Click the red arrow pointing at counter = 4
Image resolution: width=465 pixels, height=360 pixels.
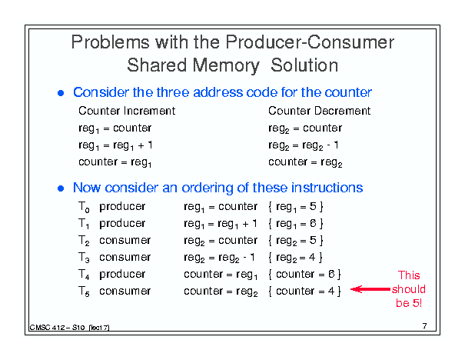click(370, 289)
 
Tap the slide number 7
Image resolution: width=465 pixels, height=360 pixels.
click(425, 326)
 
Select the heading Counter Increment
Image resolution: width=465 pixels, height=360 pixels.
click(127, 111)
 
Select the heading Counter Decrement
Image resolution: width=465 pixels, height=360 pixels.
click(320, 111)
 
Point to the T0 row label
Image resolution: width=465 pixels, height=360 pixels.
click(84, 207)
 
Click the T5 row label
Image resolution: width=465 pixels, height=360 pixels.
click(84, 292)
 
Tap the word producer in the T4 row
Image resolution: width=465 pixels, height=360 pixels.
click(122, 275)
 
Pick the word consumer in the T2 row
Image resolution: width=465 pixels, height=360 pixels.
click(125, 241)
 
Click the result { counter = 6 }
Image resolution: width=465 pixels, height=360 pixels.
click(304, 274)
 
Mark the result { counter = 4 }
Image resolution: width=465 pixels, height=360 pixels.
click(304, 291)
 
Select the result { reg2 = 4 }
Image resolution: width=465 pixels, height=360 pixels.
click(295, 258)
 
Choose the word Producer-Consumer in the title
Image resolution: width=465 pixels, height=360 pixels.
click(310, 42)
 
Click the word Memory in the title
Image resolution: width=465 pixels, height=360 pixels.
click(226, 66)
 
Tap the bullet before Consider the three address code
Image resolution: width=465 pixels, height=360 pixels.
click(61, 93)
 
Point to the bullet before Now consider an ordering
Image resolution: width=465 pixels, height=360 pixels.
click(61, 188)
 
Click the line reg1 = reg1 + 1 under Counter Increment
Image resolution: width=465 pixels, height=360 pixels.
click(115, 145)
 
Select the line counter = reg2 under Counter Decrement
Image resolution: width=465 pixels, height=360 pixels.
click(305, 162)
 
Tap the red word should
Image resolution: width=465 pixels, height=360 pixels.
click(409, 289)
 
